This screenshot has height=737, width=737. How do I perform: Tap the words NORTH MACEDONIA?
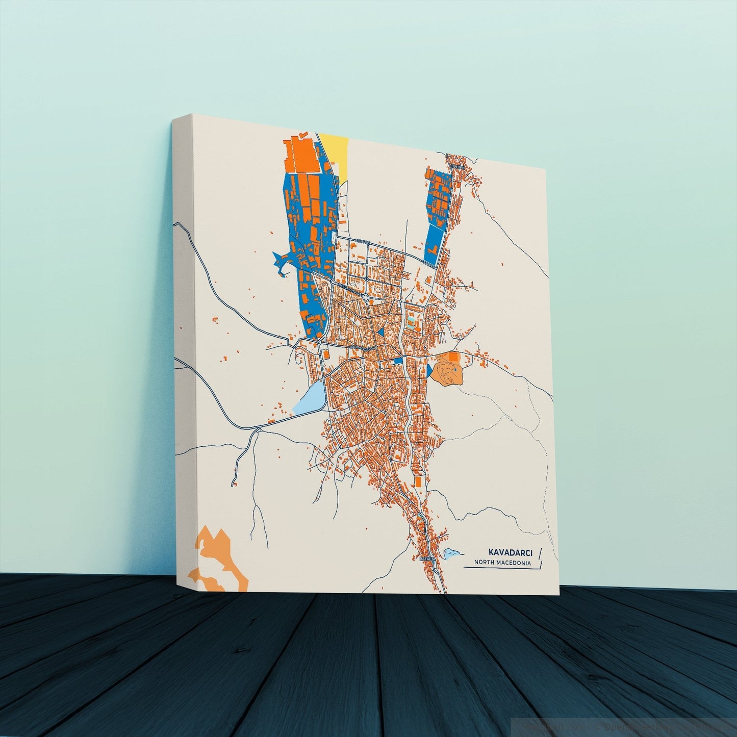(502, 563)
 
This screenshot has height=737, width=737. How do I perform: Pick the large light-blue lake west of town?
(311, 395)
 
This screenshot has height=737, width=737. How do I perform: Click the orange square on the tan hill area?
(453, 359)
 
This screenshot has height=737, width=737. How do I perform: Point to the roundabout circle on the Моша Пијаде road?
(365, 296)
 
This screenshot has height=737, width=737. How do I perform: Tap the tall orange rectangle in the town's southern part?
(417, 482)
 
